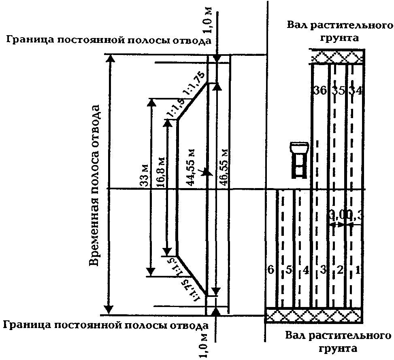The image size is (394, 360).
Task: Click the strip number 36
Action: coord(320,91)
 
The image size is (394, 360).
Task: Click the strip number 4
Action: coord(306,270)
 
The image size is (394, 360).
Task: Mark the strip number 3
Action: coord(323,270)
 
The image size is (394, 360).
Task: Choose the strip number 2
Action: coord(340,270)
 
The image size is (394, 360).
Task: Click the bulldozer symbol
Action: coord(299,159)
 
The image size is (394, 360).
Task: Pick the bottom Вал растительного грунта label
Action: coord(339,342)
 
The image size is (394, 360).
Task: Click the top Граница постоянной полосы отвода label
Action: coord(107,41)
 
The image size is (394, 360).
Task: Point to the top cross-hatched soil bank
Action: coord(336,57)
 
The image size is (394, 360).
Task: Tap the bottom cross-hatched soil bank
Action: coord(313,315)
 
